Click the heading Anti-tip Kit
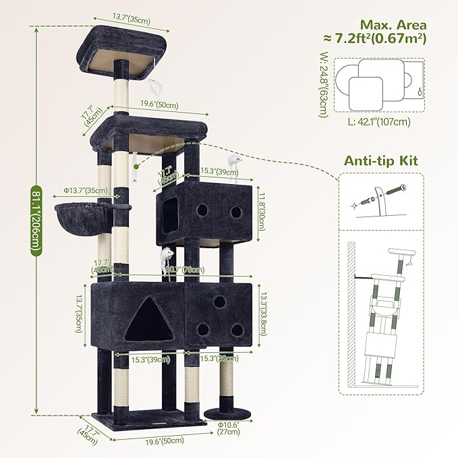(381, 161)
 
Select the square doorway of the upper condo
(171, 210)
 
